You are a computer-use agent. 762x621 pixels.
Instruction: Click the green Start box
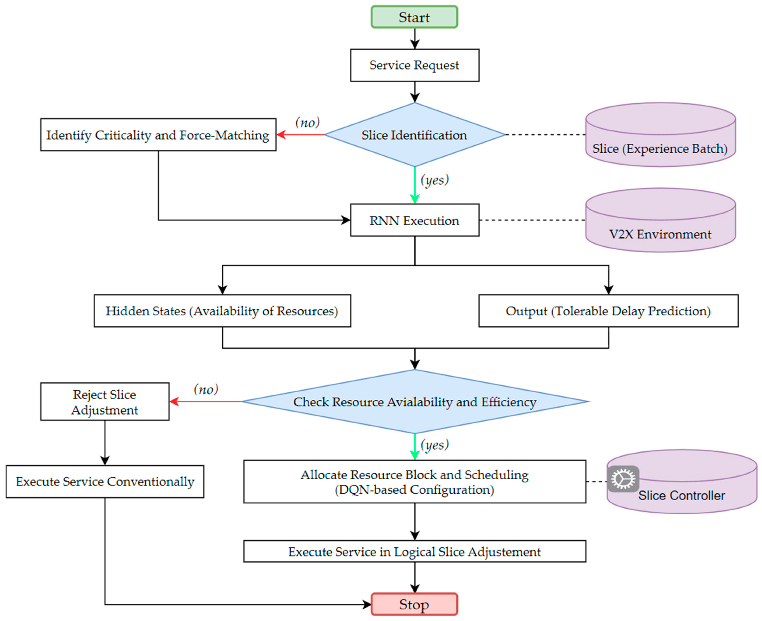414,17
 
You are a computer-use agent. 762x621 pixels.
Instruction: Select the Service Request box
414,65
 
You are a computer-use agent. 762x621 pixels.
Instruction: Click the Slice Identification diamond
414,135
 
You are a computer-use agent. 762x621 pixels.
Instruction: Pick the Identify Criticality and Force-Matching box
158,135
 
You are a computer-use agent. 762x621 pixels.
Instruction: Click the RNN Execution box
414,220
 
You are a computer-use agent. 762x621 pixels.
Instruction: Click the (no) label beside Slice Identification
307,122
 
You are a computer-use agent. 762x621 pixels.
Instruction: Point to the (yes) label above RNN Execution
434,180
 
